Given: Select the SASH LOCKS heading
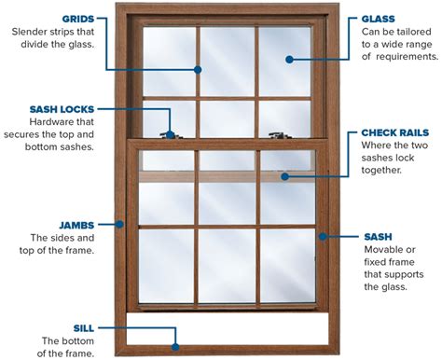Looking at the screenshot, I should click(62, 108).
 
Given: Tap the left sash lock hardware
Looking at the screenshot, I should click(168, 136).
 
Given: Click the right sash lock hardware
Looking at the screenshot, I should click(277, 136).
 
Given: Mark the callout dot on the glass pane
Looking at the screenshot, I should click(289, 58).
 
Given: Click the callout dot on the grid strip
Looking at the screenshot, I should click(198, 68).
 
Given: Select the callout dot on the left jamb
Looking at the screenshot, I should click(121, 223).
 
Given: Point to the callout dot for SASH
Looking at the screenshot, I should click(322, 236).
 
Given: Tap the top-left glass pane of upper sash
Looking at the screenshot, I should click(169, 60).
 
